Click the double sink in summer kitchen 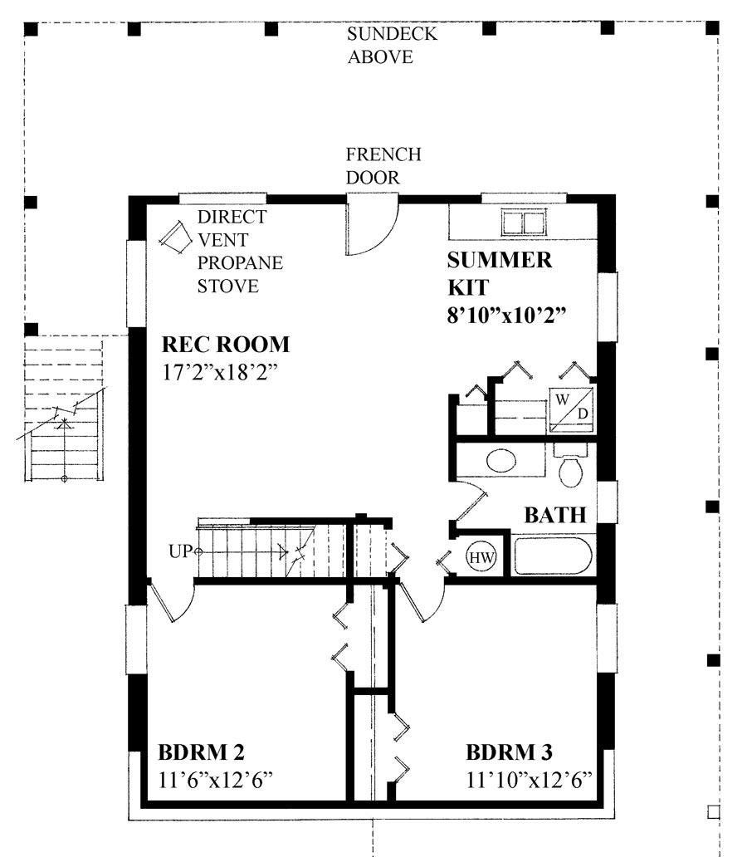pyautogui.click(x=522, y=223)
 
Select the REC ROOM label pyautogui.click(x=226, y=344)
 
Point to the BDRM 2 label pyautogui.click(x=201, y=753)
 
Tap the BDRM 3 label pyautogui.click(x=509, y=753)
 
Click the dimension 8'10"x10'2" pyautogui.click(x=506, y=315)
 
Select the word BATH pyautogui.click(x=554, y=515)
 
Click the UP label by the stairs pyautogui.click(x=181, y=551)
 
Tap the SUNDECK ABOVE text pyautogui.click(x=391, y=46)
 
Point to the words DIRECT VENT pyautogui.click(x=232, y=228)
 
